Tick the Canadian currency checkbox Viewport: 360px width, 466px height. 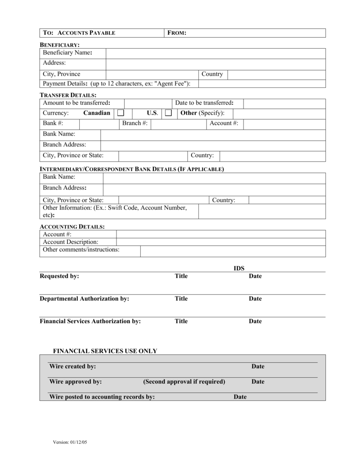(121, 113)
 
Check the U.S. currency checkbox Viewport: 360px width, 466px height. (168, 113)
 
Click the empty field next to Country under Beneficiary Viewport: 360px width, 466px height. (276, 74)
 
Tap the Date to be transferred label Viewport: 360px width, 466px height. (208, 103)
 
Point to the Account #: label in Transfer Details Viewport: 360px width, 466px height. (223, 123)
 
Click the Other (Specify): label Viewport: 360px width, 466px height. (203, 113)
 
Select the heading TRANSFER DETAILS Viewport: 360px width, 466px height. (68, 95)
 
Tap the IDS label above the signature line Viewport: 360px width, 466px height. (239, 268)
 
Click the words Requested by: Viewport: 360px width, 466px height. (59, 276)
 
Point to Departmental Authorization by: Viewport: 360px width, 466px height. (84, 299)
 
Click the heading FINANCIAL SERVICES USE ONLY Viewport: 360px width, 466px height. (105, 351)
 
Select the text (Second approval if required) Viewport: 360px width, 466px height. (184, 381)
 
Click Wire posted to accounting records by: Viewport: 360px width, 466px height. (102, 397)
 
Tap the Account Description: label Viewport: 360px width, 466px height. (71, 242)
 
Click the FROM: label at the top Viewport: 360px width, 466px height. (177, 33)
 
